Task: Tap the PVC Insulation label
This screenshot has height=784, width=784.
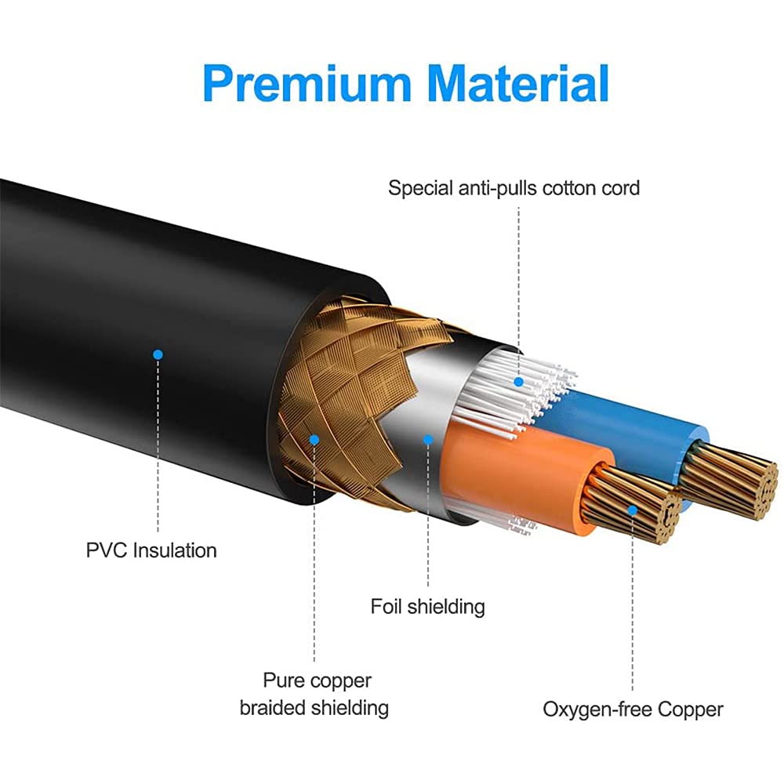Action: point(151,550)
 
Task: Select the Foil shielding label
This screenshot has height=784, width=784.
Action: point(427,606)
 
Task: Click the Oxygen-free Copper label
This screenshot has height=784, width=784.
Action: point(633,710)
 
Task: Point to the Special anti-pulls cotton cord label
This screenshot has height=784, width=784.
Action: point(514,188)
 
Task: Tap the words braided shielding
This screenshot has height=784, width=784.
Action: point(314,707)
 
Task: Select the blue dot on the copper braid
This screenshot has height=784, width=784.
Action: point(314,439)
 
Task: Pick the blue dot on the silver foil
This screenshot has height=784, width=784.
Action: point(428,439)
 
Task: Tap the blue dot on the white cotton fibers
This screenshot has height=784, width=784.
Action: point(517,382)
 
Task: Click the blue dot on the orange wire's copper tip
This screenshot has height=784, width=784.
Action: point(633,510)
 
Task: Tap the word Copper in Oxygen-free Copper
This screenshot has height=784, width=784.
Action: point(690,710)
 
